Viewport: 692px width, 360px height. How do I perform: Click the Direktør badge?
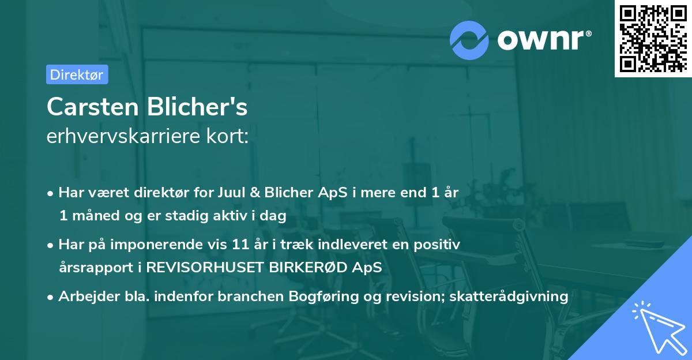[77, 74]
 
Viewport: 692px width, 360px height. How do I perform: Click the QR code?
[652, 38]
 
